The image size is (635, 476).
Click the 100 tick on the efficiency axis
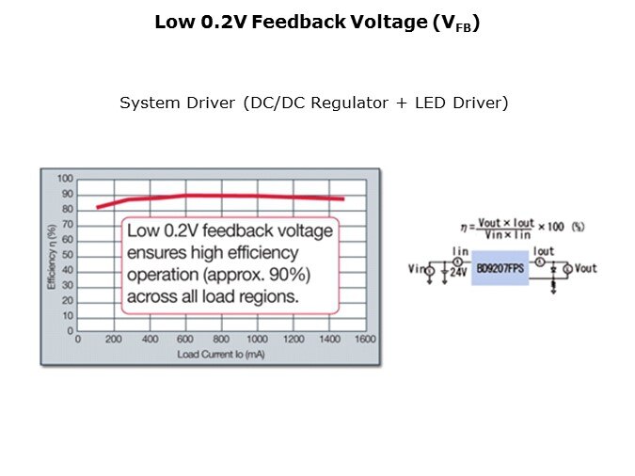(x=66, y=179)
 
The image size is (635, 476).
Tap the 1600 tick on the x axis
(x=365, y=340)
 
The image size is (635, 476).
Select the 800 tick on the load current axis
(x=221, y=340)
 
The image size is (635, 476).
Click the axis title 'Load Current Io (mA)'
(x=222, y=354)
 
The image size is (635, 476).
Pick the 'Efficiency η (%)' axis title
(x=52, y=255)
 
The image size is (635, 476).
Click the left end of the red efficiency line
(x=97, y=207)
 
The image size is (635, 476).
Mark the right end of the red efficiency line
(x=343, y=198)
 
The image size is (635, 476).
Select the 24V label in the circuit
(x=459, y=274)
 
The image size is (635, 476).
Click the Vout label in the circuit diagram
(x=585, y=268)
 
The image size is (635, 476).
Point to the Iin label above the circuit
(x=460, y=252)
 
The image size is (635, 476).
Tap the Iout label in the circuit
(x=543, y=252)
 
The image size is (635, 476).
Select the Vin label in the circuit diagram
(x=415, y=270)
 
